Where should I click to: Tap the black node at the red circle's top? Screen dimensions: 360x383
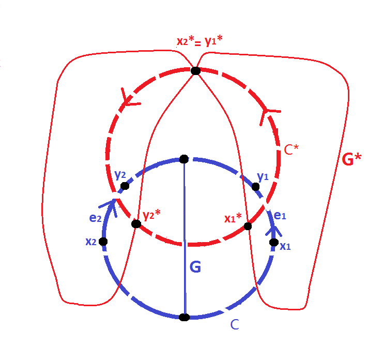[195, 70]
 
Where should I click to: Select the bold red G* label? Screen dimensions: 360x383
[352, 159]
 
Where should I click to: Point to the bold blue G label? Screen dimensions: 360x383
[195, 267]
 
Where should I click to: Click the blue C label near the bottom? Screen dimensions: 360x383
[234, 325]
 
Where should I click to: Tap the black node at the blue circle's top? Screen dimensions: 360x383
[183, 159]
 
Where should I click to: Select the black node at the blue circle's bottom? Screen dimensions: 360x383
[183, 317]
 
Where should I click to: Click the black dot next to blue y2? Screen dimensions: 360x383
[125, 186]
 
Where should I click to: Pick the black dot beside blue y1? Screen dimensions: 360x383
[255, 186]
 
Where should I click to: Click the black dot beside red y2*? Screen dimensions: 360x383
[136, 224]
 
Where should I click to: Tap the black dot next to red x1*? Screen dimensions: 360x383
[248, 226]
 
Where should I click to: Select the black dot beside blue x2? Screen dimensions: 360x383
[103, 241]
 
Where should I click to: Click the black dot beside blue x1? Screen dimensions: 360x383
[273, 242]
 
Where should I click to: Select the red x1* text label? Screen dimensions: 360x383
[233, 218]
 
